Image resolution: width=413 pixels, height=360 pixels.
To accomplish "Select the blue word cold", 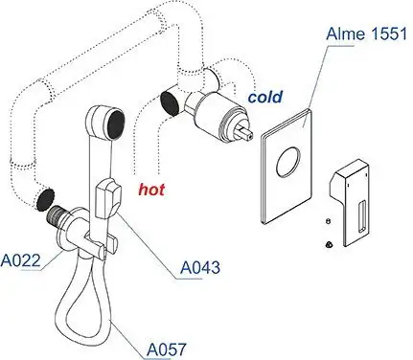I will pos(264,97).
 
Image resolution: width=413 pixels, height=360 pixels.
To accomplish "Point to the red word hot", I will pos(150,190).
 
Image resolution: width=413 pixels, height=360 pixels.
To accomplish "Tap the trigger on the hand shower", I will pos(111,198).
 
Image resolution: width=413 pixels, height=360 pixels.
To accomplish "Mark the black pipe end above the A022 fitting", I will pos(43,200).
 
